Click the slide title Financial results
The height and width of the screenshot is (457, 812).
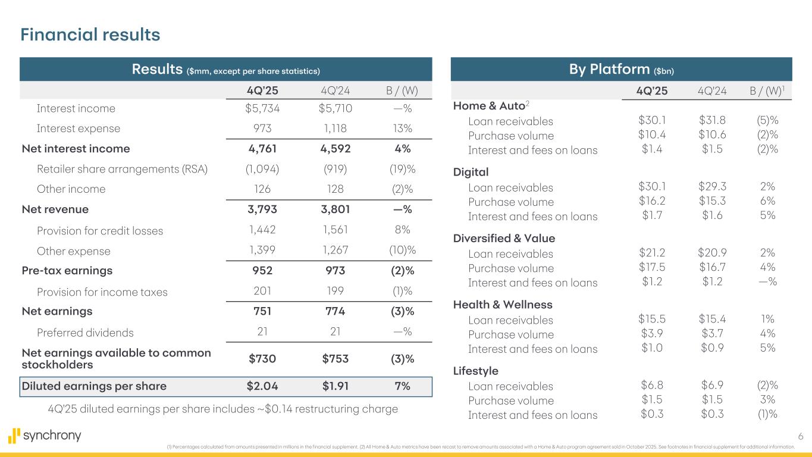pos(90,35)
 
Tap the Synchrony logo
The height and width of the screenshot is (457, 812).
pos(45,436)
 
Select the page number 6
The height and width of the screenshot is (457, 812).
pos(800,437)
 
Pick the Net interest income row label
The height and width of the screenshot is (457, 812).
pos(76,149)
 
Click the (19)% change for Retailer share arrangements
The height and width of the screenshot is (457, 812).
pos(402,169)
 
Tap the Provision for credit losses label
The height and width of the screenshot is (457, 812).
pos(100,231)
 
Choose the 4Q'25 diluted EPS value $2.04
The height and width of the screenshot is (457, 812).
pos(262,386)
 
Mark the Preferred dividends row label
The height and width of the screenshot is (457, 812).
pos(85,333)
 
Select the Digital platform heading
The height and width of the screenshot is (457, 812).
pos(471,172)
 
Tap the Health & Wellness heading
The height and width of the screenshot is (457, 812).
pos(503,305)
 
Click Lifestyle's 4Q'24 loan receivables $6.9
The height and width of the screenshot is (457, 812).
pos(713,386)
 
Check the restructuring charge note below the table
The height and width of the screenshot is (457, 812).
pos(222,409)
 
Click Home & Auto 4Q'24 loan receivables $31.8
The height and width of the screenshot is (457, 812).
pos(713,121)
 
